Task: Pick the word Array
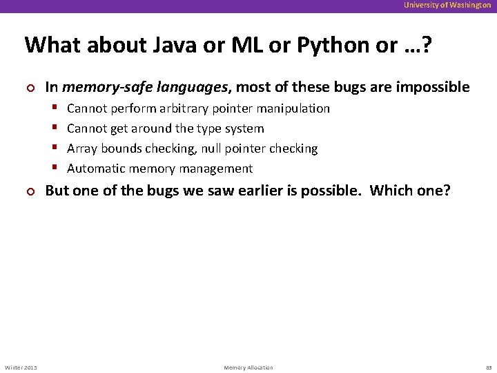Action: click(82, 149)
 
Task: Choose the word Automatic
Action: click(95, 169)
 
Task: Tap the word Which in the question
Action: click(389, 191)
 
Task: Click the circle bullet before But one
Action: click(29, 191)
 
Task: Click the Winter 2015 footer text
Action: click(21, 367)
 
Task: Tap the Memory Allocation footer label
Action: click(248, 367)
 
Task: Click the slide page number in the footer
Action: click(487, 367)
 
